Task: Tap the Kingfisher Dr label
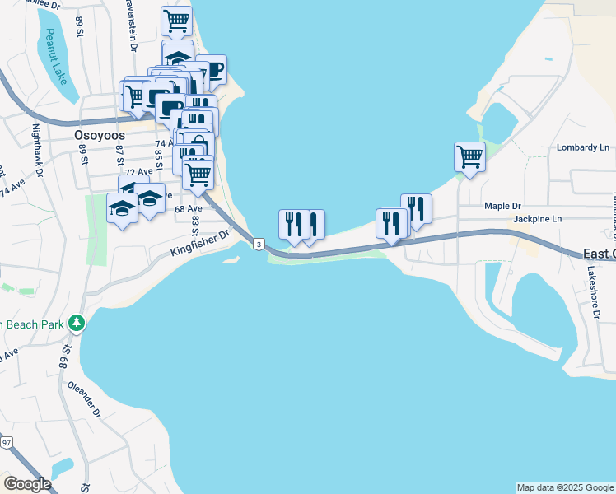coord(201,240)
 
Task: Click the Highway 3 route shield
coord(259,245)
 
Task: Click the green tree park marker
coord(77,323)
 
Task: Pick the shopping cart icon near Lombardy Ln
coord(469,156)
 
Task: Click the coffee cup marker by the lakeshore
coord(211,69)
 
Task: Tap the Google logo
coord(27,483)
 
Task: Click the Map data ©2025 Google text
coord(565,487)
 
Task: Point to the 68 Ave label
coord(189,209)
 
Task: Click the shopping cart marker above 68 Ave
coord(198,173)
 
